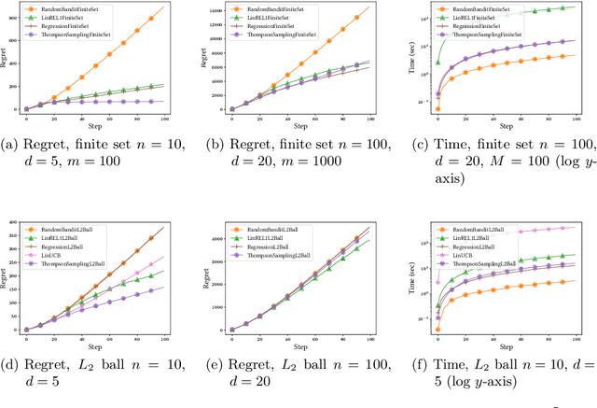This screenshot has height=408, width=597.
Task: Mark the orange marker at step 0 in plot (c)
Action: [438, 109]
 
